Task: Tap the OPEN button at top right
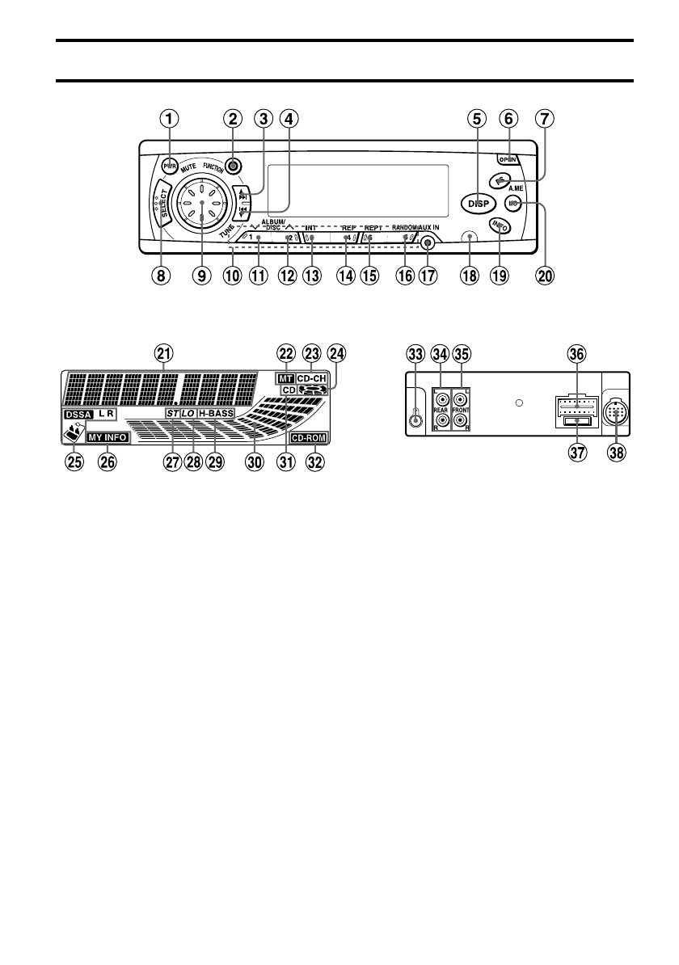click(508, 159)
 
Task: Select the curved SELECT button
click(160, 212)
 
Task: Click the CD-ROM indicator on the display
click(310, 439)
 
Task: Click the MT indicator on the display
click(285, 377)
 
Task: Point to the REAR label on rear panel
click(442, 408)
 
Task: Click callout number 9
click(201, 276)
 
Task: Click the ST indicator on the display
click(171, 413)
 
